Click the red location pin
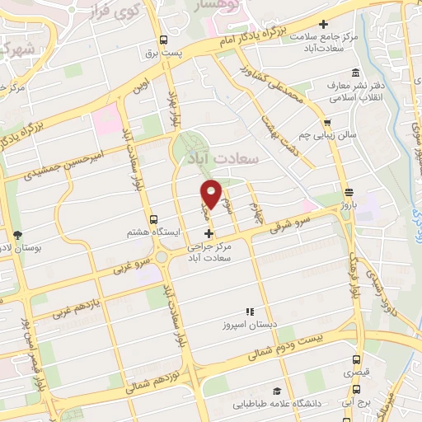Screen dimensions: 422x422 [212, 193]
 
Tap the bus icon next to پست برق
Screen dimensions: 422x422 [164, 40]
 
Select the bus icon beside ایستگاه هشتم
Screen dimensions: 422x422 [154, 219]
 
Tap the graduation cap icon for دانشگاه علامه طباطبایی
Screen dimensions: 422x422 [277, 391]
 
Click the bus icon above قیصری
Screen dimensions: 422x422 [356, 360]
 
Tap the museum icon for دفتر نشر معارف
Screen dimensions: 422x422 [354, 72]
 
